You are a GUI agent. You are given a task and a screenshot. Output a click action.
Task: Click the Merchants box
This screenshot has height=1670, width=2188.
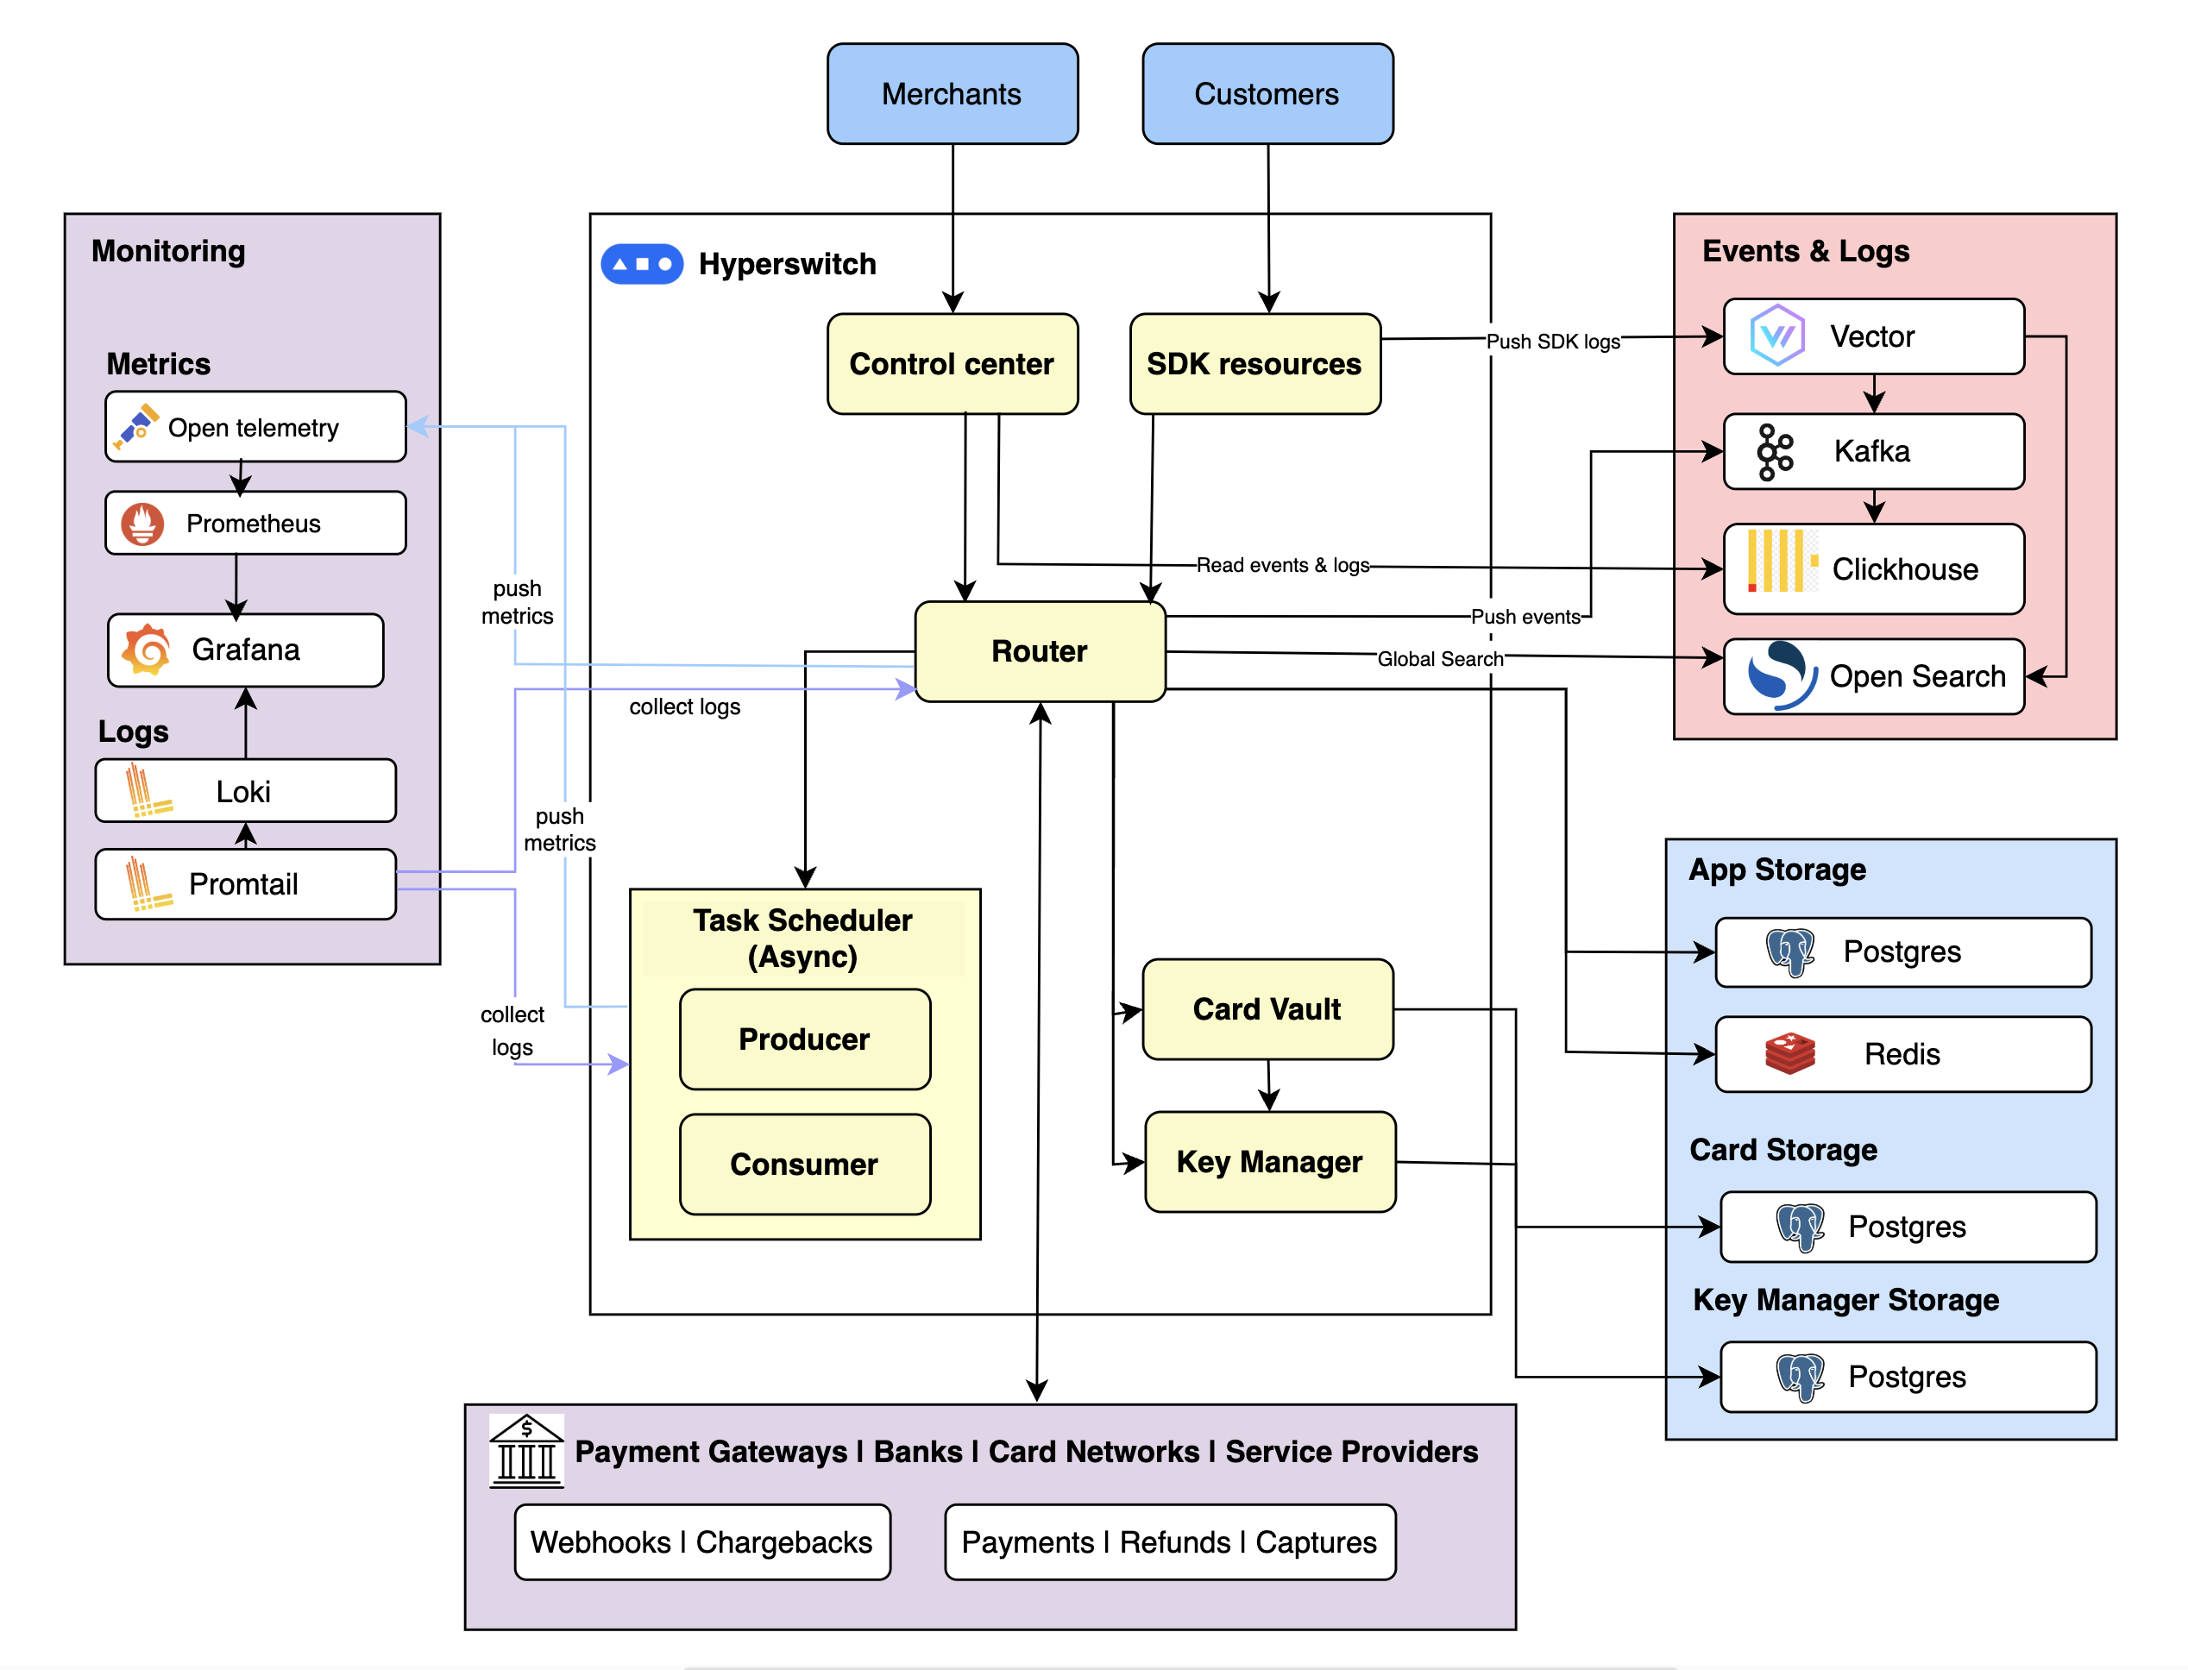952,93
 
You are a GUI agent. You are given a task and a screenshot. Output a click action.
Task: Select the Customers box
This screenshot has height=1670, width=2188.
1267,93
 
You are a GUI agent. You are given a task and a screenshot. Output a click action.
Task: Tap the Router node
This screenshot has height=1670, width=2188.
1039,651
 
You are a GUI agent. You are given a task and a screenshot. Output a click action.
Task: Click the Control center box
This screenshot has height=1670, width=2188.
952,364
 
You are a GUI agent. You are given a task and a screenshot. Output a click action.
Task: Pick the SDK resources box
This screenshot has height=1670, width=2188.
1254,364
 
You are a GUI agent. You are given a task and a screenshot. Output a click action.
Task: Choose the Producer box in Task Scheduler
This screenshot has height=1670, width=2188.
804,1039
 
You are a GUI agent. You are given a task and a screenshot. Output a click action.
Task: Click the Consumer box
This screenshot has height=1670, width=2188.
804,1164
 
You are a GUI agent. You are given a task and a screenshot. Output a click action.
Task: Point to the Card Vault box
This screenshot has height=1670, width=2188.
1267,1009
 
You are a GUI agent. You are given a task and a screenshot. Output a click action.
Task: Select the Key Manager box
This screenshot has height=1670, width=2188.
1269,1161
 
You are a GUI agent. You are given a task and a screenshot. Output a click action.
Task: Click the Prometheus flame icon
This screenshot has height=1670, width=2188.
142,524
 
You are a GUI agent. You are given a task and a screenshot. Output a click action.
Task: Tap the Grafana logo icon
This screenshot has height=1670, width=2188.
146,650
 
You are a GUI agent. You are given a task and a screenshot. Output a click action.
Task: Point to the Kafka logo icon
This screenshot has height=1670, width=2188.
1774,452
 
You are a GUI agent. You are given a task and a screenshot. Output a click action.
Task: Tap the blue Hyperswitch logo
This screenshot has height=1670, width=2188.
641,265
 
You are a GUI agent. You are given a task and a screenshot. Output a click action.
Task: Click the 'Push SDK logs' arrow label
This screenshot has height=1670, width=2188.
1552,341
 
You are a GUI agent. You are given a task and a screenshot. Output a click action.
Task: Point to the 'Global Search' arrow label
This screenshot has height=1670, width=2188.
1438,658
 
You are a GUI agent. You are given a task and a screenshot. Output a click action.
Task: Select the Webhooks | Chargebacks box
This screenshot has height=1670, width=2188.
701,1541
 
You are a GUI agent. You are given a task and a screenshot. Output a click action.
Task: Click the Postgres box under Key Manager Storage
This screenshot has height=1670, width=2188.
1907,1377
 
